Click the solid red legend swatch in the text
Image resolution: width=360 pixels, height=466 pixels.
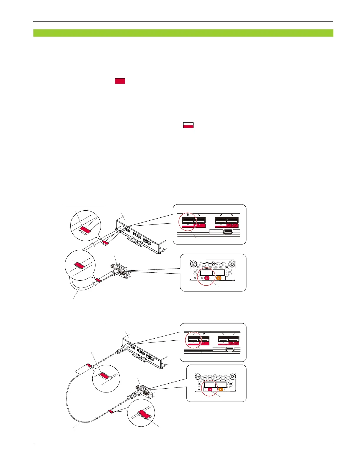(x=120, y=81)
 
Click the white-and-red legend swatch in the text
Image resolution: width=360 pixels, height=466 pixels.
(x=188, y=125)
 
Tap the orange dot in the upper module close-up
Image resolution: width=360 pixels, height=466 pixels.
(x=219, y=278)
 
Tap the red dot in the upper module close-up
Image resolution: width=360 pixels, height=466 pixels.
(x=207, y=278)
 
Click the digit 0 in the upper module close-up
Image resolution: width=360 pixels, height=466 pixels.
(x=202, y=278)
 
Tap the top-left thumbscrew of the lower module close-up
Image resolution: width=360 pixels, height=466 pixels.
(x=199, y=377)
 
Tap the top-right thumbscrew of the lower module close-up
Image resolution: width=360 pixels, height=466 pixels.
(x=232, y=377)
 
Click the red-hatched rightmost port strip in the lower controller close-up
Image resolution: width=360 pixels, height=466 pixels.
(x=234, y=343)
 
